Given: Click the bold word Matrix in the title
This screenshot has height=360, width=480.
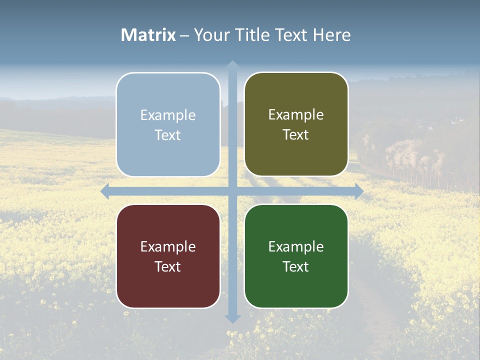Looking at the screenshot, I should click(x=148, y=35).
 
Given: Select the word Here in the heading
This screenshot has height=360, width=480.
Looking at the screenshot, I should click(x=332, y=35).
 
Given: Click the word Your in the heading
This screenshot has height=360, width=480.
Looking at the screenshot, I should click(x=209, y=35).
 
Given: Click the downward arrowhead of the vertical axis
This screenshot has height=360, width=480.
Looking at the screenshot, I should click(x=232, y=318).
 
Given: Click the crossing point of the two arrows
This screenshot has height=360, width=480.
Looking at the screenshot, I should click(x=232, y=191).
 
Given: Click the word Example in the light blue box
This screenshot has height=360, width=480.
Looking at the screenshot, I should click(x=168, y=115).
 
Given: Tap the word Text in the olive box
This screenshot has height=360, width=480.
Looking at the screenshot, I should click(x=296, y=135).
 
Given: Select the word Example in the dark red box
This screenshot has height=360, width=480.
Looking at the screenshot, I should click(x=168, y=247).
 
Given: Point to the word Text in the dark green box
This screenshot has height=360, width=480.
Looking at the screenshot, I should click(x=296, y=266).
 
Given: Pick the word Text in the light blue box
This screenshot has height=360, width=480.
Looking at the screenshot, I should click(x=168, y=135).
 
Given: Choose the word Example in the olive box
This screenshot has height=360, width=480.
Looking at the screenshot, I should click(x=296, y=115).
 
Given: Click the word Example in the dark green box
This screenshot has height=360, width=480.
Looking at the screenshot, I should click(x=296, y=247).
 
